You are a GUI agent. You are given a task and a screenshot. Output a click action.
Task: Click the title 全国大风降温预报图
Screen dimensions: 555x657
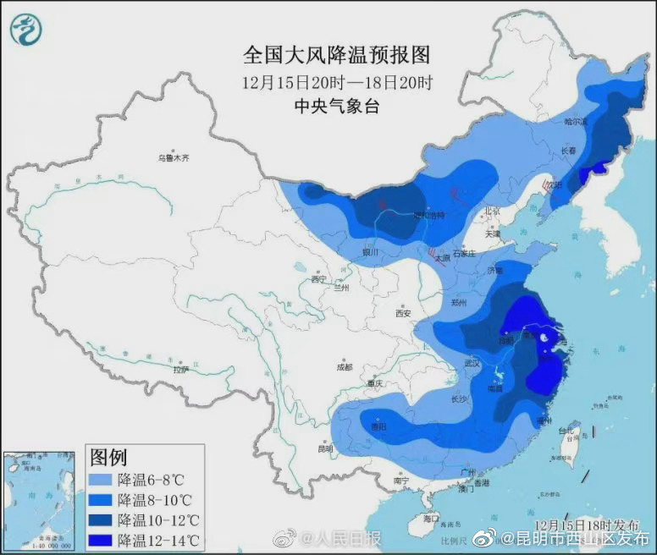337,56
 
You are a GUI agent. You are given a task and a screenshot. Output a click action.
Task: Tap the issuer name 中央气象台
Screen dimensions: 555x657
337,106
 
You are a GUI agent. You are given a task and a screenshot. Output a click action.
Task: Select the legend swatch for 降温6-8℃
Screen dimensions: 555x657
102,480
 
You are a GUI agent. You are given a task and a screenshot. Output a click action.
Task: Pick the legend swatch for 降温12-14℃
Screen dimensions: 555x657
102,539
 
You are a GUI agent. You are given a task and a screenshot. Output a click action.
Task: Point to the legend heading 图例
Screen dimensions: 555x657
108,458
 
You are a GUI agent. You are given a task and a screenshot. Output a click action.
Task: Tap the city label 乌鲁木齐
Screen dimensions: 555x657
174,158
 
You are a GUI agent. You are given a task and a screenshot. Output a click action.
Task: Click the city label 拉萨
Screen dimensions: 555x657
180,370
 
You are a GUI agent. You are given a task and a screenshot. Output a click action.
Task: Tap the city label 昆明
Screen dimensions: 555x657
325,448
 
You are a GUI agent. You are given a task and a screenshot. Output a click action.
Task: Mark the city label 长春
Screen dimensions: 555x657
570,150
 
